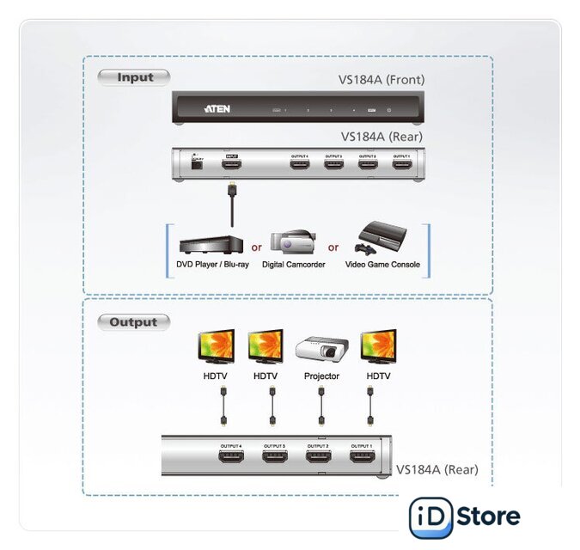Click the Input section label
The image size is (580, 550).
(x=135, y=77)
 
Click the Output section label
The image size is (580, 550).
(x=133, y=322)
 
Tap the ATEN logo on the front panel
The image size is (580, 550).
(x=216, y=110)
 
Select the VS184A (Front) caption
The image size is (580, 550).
(x=381, y=80)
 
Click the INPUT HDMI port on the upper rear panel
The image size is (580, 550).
(x=230, y=165)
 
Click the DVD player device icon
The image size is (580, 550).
(x=205, y=241)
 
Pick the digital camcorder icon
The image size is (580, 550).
(x=292, y=241)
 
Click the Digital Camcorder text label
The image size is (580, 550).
(x=293, y=265)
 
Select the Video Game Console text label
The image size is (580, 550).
(x=382, y=265)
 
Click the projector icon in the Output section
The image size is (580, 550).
(x=321, y=349)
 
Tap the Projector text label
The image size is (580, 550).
(x=321, y=376)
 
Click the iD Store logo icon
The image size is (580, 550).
(x=430, y=517)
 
